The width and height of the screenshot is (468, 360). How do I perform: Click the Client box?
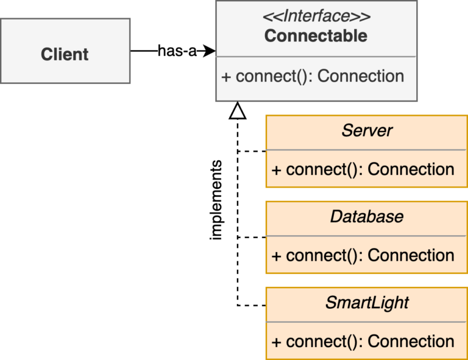coord(65,54)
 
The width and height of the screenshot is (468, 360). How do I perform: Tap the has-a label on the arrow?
coord(177,51)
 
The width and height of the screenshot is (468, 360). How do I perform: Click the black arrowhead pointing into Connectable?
coord(209,51)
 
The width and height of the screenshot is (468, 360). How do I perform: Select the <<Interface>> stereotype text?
coord(316,15)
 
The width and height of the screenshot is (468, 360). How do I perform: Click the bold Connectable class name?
coord(316,36)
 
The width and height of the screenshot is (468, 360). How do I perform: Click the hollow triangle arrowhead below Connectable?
coord(237,110)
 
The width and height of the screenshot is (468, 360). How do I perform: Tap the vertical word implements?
coord(216,201)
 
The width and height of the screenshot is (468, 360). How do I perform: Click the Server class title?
coord(367,130)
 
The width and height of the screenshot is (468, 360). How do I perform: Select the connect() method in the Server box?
coord(363,169)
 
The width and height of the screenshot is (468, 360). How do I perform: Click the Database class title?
coord(367,216)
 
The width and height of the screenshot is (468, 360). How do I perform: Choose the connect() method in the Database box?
coord(363,255)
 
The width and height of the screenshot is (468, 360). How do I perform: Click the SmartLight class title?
coord(367,303)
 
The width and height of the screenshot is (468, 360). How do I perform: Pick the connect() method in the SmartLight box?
coord(363,342)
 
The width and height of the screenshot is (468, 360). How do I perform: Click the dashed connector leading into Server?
coord(252,151)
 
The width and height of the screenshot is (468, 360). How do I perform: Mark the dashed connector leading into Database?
coord(252,238)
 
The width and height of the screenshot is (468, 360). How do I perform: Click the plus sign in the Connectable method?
coord(226,77)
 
